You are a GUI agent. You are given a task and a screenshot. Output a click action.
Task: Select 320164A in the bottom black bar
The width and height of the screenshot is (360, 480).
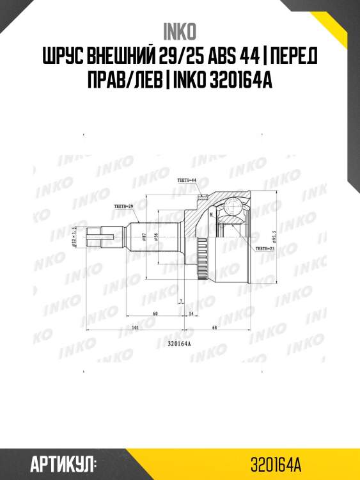point(276,462)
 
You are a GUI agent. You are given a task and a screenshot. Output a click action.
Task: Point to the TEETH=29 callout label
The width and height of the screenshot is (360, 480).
point(122,206)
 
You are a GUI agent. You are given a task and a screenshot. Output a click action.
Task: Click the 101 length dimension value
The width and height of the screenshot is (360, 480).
point(135,327)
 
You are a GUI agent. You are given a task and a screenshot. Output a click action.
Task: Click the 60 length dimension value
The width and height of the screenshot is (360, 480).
point(155,313)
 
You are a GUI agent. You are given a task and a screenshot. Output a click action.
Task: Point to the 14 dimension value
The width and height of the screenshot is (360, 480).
point(191,313)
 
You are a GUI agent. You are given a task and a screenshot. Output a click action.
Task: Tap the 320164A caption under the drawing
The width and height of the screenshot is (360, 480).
point(180,344)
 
